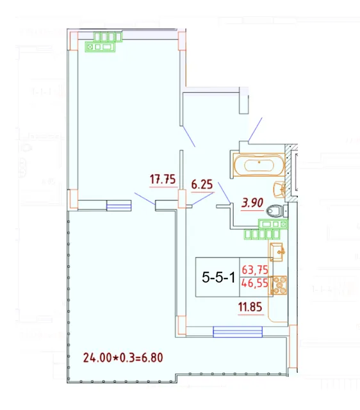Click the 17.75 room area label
[163, 179]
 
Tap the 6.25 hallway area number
[202, 184]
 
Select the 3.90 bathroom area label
[252, 202]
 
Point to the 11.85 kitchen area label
[250, 307]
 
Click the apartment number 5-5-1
[218, 277]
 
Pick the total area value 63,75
[255, 270]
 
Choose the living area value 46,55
[255, 283]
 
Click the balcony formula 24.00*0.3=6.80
[123, 357]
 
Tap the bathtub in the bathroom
[259, 165]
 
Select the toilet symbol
[275, 211]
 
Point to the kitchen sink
[277, 252]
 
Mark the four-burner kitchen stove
[279, 286]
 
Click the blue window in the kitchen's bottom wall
[238, 332]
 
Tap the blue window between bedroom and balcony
[119, 206]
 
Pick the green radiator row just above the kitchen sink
[262, 234]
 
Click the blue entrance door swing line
[255, 129]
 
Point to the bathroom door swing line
[224, 192]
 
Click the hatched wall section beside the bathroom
[289, 172]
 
